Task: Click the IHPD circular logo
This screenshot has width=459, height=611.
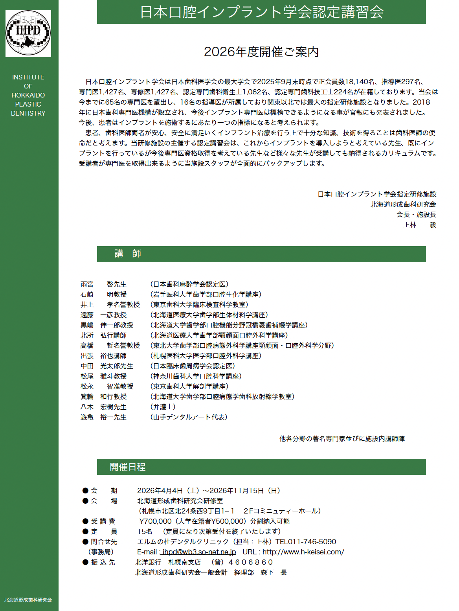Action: (x=28, y=33)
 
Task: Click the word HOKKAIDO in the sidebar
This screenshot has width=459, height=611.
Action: (x=28, y=95)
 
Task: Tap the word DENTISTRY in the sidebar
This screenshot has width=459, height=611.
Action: (x=28, y=113)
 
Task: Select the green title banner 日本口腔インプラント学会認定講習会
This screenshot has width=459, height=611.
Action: (x=261, y=12)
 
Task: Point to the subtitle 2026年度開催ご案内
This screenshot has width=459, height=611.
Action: (x=261, y=52)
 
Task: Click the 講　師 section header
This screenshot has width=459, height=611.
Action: (x=128, y=254)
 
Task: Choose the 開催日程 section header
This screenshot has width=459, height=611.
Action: (x=128, y=467)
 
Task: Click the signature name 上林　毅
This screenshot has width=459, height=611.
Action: (x=420, y=225)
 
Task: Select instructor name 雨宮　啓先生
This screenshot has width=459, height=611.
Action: (x=104, y=284)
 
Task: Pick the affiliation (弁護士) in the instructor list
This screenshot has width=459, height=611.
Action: (x=163, y=407)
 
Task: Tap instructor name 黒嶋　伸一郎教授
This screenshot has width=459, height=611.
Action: (x=107, y=325)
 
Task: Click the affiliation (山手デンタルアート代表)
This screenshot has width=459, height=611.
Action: (x=189, y=417)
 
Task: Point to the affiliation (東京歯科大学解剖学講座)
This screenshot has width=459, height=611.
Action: (x=189, y=386)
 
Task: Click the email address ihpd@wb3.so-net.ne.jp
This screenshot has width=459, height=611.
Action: (x=199, y=552)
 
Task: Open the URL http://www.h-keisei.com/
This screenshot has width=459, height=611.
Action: (x=303, y=552)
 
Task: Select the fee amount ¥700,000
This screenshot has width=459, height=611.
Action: (x=155, y=521)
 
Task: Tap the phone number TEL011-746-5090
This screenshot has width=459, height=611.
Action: (x=306, y=542)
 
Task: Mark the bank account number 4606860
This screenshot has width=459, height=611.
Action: (x=250, y=562)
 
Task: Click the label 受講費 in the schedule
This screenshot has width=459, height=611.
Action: (x=103, y=521)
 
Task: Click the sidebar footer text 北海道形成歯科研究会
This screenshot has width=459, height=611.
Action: (x=28, y=600)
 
